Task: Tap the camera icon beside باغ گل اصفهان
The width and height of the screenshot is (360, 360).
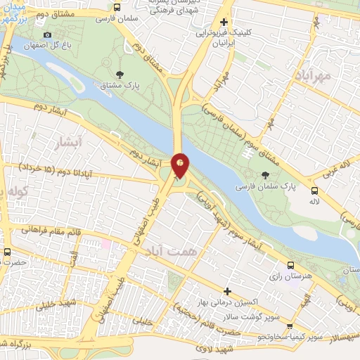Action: pos(47,35)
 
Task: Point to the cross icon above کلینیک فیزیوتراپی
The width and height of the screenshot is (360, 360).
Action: pos(224,22)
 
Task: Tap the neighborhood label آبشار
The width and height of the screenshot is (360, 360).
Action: pos(68,144)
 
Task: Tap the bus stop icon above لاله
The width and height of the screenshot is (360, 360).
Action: pos(314,190)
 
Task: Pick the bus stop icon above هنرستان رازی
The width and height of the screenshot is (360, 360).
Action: pos(291,265)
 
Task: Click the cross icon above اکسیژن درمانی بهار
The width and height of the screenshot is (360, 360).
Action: pos(227,290)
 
